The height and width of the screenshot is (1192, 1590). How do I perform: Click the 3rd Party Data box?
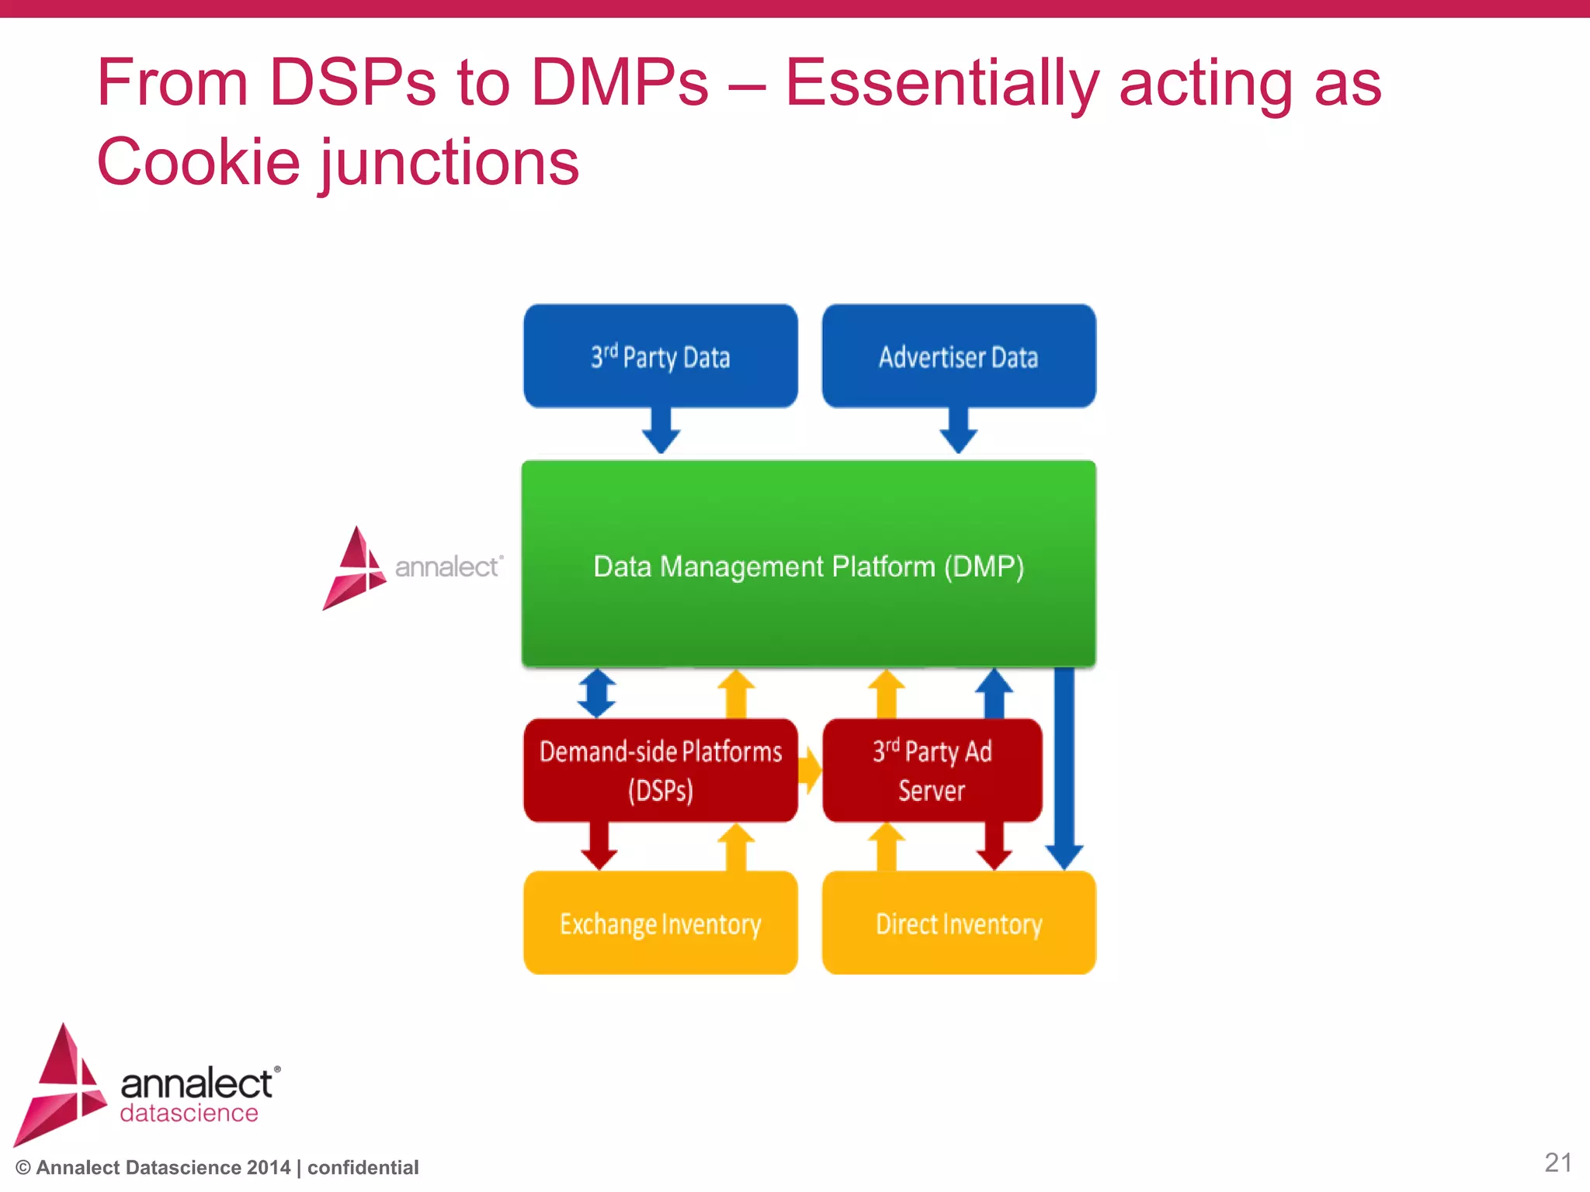[661, 356]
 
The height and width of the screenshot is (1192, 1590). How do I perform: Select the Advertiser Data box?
[959, 356]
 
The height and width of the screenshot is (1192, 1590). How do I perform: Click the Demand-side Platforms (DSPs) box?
[661, 770]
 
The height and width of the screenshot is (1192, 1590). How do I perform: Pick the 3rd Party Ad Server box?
[932, 770]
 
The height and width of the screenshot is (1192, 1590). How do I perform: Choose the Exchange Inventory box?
[661, 923]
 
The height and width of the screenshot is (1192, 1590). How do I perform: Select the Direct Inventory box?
[959, 923]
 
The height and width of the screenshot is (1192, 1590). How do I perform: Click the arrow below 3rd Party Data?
[661, 431]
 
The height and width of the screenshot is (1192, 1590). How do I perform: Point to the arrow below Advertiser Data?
[959, 431]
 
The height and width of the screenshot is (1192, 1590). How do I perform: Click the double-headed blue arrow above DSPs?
[597, 693]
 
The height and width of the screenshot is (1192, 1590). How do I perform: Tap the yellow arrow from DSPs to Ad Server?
[810, 770]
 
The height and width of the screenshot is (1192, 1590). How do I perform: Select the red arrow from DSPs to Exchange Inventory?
[599, 847]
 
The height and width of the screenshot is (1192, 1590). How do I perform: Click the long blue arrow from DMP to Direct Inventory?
[1064, 768]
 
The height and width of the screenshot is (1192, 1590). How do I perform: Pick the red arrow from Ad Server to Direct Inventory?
[994, 847]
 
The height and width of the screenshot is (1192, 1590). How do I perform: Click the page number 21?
[1557, 1163]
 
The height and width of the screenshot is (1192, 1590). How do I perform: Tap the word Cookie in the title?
[198, 162]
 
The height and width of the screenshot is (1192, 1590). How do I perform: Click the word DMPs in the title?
[619, 82]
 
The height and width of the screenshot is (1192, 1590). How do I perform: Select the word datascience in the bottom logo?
[189, 1113]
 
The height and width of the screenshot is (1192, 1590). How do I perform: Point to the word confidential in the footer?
[363, 1167]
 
